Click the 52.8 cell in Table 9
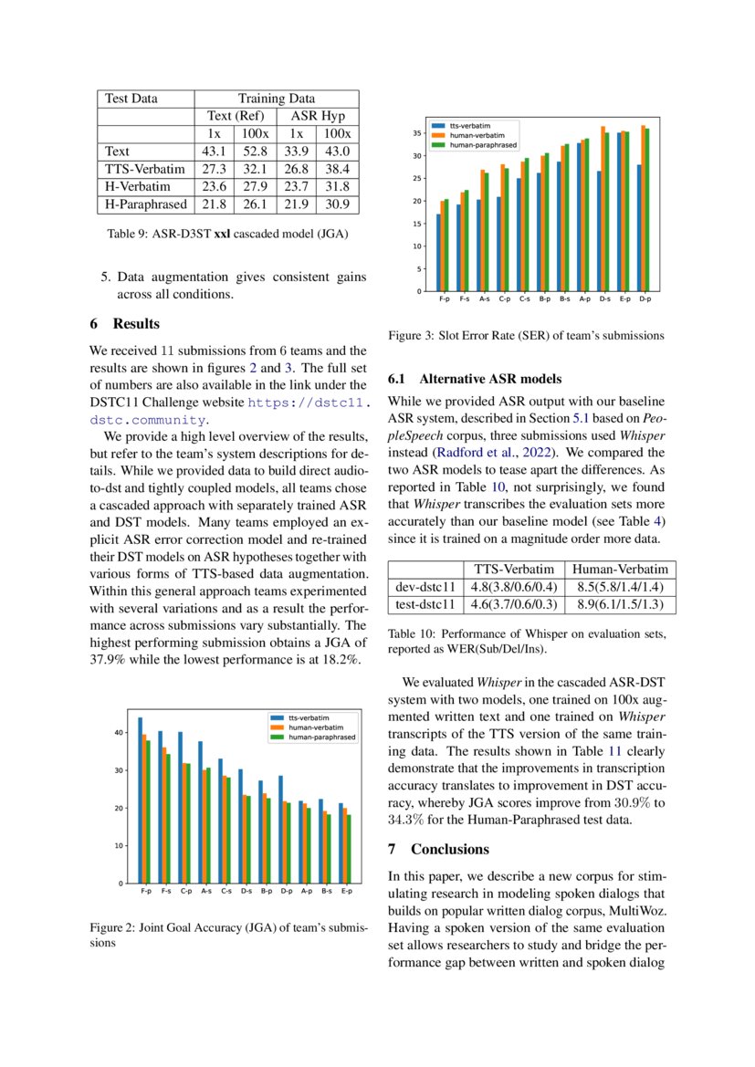[x=251, y=151]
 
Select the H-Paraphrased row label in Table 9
[x=146, y=204]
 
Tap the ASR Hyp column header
[x=312, y=116]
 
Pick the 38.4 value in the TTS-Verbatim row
[x=338, y=169]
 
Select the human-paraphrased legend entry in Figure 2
[x=320, y=737]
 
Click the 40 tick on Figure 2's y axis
[x=118, y=733]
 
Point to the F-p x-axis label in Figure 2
[x=146, y=891]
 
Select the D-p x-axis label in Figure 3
[x=645, y=298]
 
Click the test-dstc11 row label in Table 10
[x=425, y=604]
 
